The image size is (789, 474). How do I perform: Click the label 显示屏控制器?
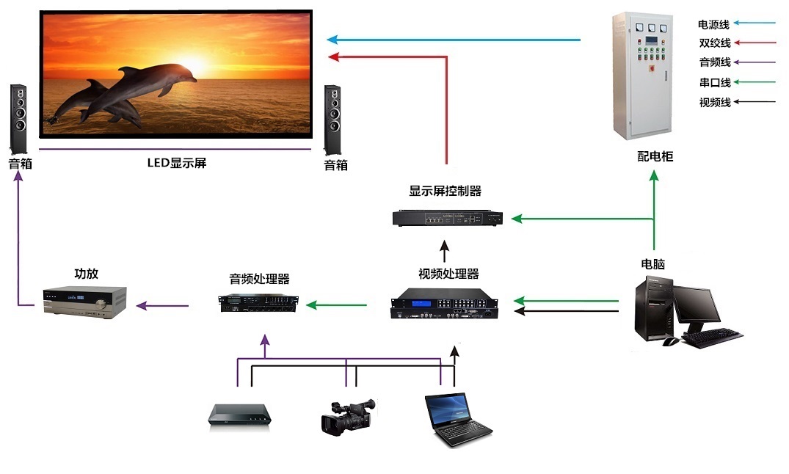tap(445, 192)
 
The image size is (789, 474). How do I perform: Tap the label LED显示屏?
tap(177, 163)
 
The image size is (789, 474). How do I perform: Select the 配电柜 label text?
tap(655, 156)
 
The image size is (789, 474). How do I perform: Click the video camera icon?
tap(347, 416)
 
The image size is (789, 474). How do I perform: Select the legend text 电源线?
tap(714, 24)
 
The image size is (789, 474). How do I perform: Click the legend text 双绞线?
tap(714, 43)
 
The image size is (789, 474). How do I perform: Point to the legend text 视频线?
tap(714, 103)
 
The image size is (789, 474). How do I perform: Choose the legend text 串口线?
tap(714, 83)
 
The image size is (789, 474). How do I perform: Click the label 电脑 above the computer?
tap(652, 264)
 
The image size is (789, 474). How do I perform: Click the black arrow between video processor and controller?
tap(444, 252)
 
